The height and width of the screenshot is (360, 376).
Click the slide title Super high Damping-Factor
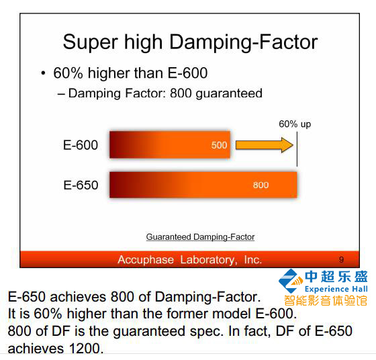(190, 42)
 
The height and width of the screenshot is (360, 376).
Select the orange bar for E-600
(170, 144)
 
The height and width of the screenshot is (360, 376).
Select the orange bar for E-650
(203, 185)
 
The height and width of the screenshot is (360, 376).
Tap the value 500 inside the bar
(219, 145)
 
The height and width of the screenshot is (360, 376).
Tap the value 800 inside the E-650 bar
(261, 185)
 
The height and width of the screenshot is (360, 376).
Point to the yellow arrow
(265, 145)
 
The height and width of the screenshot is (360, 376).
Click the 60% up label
(295, 124)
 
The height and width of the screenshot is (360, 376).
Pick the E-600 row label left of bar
(81, 145)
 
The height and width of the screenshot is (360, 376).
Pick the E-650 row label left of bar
(81, 185)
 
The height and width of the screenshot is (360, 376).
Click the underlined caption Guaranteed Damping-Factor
(200, 237)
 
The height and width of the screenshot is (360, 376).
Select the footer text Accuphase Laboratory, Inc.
(189, 259)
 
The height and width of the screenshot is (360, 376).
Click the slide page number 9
(341, 259)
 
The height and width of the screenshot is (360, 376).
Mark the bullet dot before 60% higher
(43, 73)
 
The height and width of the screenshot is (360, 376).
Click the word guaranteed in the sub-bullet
(229, 93)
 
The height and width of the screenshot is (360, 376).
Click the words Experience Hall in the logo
(336, 289)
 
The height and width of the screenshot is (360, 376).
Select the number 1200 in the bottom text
(87, 349)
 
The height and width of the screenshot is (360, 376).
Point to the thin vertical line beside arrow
(297, 149)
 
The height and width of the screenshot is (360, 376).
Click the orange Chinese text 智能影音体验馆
(326, 300)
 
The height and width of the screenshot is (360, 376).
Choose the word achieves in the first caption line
(78, 297)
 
